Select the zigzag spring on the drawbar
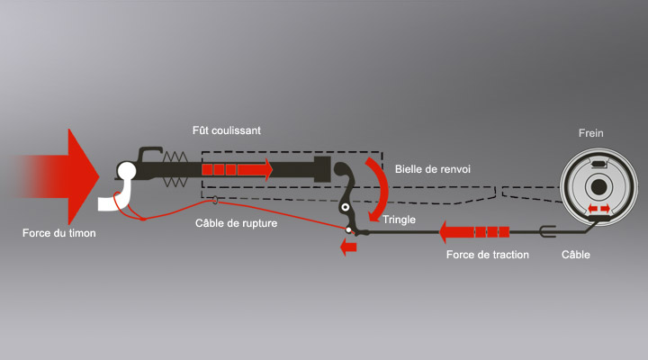coord(176,168)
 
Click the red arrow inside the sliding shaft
coord(237,168)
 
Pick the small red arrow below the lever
coord(346,248)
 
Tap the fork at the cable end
coord(544,232)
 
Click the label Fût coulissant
coord(227,130)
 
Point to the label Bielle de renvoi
coord(433,168)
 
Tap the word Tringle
coord(400,220)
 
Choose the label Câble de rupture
coord(237,223)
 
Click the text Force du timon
coord(58,235)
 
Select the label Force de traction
coord(488,256)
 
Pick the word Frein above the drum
coord(591,133)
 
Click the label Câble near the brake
coord(576,256)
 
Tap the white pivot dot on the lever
coord(347,229)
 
